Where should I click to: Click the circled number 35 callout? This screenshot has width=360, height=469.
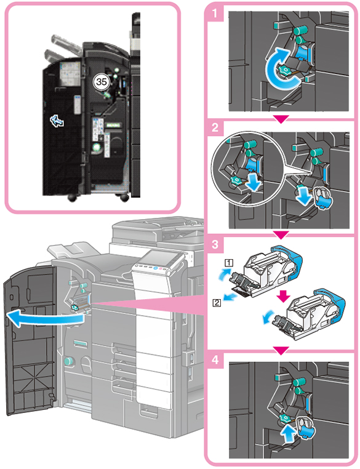point(102,81)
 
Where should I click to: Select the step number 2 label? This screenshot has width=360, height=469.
point(215,128)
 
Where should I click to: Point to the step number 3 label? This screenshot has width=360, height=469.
point(215,244)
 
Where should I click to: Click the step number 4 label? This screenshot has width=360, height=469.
point(215,359)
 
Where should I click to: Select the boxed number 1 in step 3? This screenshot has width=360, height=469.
point(229,263)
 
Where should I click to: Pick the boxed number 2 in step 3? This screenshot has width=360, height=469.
point(217,303)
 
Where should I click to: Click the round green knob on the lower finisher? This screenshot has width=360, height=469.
point(69,361)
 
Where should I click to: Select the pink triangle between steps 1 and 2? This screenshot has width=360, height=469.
point(281,119)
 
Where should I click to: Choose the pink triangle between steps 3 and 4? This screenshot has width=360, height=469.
point(281,350)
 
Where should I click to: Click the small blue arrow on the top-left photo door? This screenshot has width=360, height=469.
point(57,121)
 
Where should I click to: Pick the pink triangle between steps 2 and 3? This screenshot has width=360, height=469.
point(281,235)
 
